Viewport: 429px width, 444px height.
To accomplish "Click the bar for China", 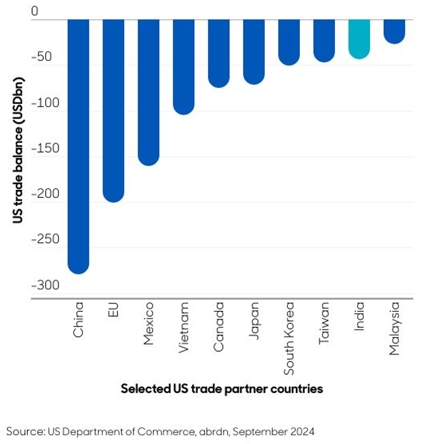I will [78, 145].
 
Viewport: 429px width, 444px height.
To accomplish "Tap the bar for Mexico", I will [149, 91].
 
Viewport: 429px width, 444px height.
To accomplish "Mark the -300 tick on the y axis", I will [43, 285].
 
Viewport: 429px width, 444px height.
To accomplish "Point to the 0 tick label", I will [36, 11].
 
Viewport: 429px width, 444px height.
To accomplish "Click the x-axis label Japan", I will [254, 320].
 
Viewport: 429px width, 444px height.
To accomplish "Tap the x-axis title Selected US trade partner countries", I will [222, 389].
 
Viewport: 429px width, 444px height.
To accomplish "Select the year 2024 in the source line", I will [303, 431].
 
